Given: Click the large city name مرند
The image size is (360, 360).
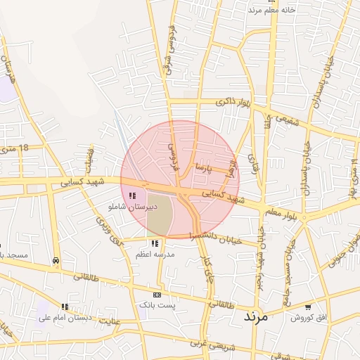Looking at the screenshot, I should (x=256, y=316).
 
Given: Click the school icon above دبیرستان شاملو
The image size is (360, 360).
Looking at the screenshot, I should (x=132, y=195).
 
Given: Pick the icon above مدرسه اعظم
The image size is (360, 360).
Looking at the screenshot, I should (x=155, y=243).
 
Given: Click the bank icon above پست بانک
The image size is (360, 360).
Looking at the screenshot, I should (x=157, y=295).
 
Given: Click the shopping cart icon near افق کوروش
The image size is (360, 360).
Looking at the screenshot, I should (x=308, y=307).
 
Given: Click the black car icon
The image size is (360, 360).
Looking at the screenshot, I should (x=56, y=260).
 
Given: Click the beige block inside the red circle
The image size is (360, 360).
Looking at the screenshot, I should (x=161, y=215).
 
